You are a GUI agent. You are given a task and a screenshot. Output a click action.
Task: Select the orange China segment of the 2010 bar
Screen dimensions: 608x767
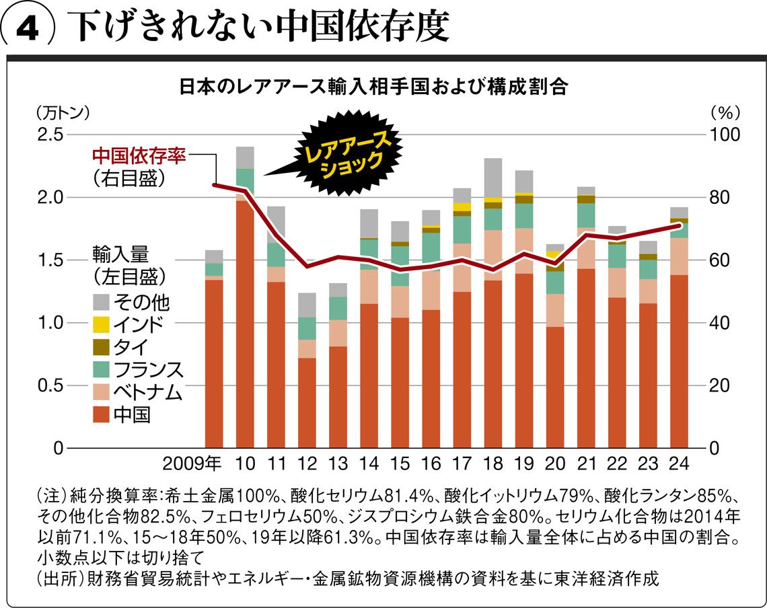point(246,323)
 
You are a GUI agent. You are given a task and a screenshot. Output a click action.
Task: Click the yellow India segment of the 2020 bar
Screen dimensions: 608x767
point(555,254)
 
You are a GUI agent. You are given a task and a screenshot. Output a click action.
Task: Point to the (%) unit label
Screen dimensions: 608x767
point(725,110)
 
